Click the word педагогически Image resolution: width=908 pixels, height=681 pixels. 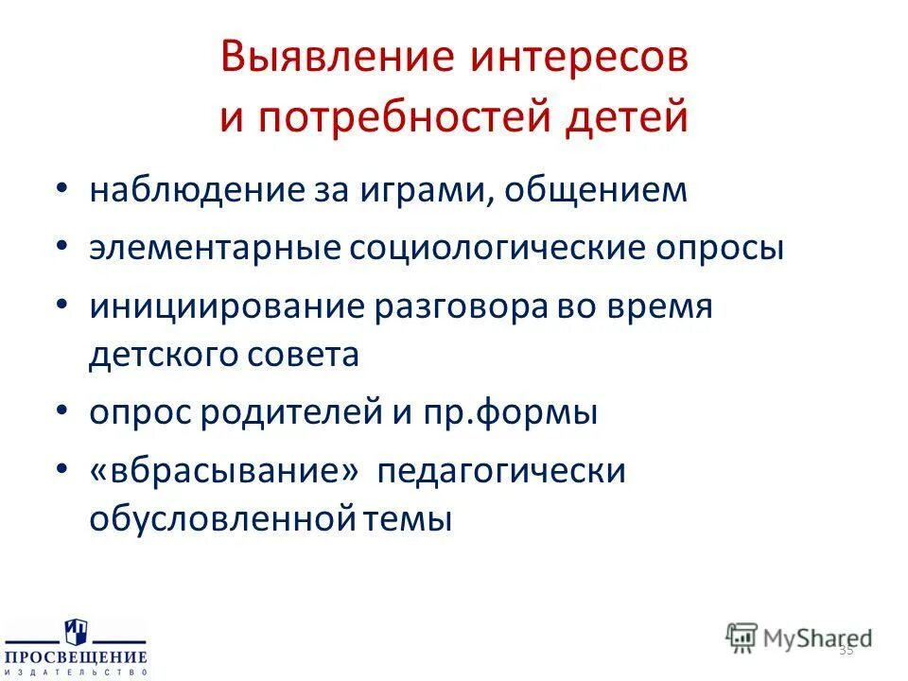(x=501, y=471)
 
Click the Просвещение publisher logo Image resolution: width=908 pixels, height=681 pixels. (x=76, y=648)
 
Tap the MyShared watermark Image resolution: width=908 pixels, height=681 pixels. (x=799, y=637)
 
